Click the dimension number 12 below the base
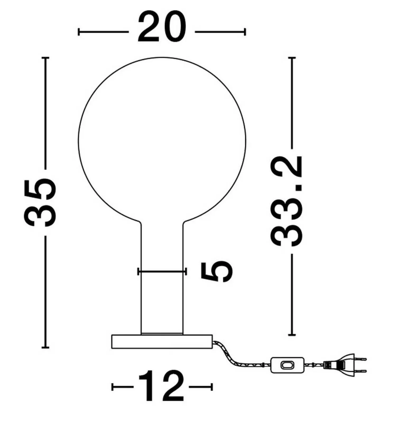tap(161, 387)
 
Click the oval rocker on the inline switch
tap(287, 365)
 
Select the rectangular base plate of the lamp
tap(162, 342)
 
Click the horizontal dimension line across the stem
tap(162, 271)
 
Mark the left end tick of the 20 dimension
tap(79, 32)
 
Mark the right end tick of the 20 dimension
tap(245, 32)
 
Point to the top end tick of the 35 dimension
tap(45, 58)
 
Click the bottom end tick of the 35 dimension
tap(45, 347)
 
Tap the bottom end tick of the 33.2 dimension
tap(292, 335)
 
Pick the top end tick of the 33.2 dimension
tap(292, 58)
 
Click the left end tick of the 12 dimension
tap(112, 387)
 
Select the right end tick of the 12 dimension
tap(212, 387)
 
